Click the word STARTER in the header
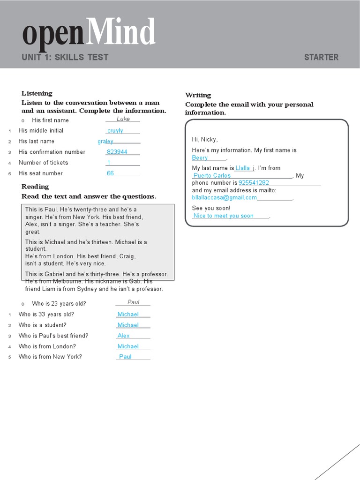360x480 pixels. pyautogui.click(x=321, y=57)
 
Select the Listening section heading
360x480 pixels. pyautogui.click(x=37, y=93)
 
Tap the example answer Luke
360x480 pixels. pyautogui.click(x=123, y=119)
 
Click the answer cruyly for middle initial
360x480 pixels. pyautogui.click(x=115, y=131)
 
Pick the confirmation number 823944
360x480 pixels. pyautogui.click(x=117, y=152)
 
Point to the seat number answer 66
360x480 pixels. pyautogui.click(x=111, y=173)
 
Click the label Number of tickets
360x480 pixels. pyautogui.click(x=43, y=163)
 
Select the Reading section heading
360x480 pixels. pyautogui.click(x=35, y=187)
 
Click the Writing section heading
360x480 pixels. pyautogui.click(x=198, y=95)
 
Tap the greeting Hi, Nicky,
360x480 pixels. pyautogui.click(x=205, y=139)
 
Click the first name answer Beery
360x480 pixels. pyautogui.click(x=200, y=158)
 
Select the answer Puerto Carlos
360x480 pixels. pyautogui.click(x=212, y=176)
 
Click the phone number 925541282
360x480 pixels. pyautogui.click(x=254, y=183)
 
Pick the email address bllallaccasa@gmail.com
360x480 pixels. pyautogui.click(x=225, y=197)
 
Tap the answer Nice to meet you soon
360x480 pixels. pyautogui.click(x=224, y=216)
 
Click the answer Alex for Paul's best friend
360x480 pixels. pyautogui.click(x=124, y=336)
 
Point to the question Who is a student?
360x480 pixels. pyautogui.click(x=42, y=325)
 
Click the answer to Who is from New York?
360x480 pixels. pyautogui.click(x=126, y=357)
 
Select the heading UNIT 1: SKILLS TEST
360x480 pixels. pyautogui.click(x=65, y=57)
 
